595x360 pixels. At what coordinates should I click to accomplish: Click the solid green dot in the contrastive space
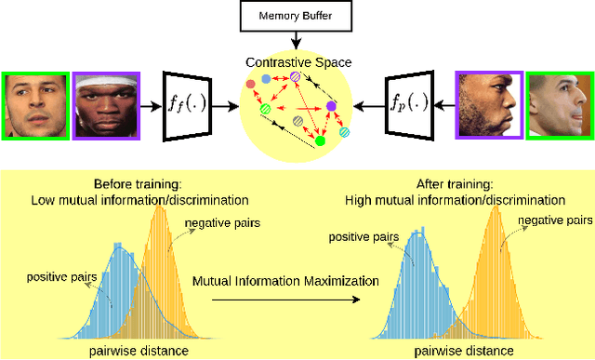(x=321, y=141)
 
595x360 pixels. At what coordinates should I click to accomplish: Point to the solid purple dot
(x=331, y=107)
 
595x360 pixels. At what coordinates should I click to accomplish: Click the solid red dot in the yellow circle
(x=250, y=85)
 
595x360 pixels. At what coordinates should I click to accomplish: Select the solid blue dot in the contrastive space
(x=267, y=80)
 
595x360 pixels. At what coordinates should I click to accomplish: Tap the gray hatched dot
(x=297, y=121)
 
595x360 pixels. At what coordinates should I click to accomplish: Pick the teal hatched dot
(x=345, y=133)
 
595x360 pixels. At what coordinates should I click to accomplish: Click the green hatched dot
(x=264, y=111)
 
